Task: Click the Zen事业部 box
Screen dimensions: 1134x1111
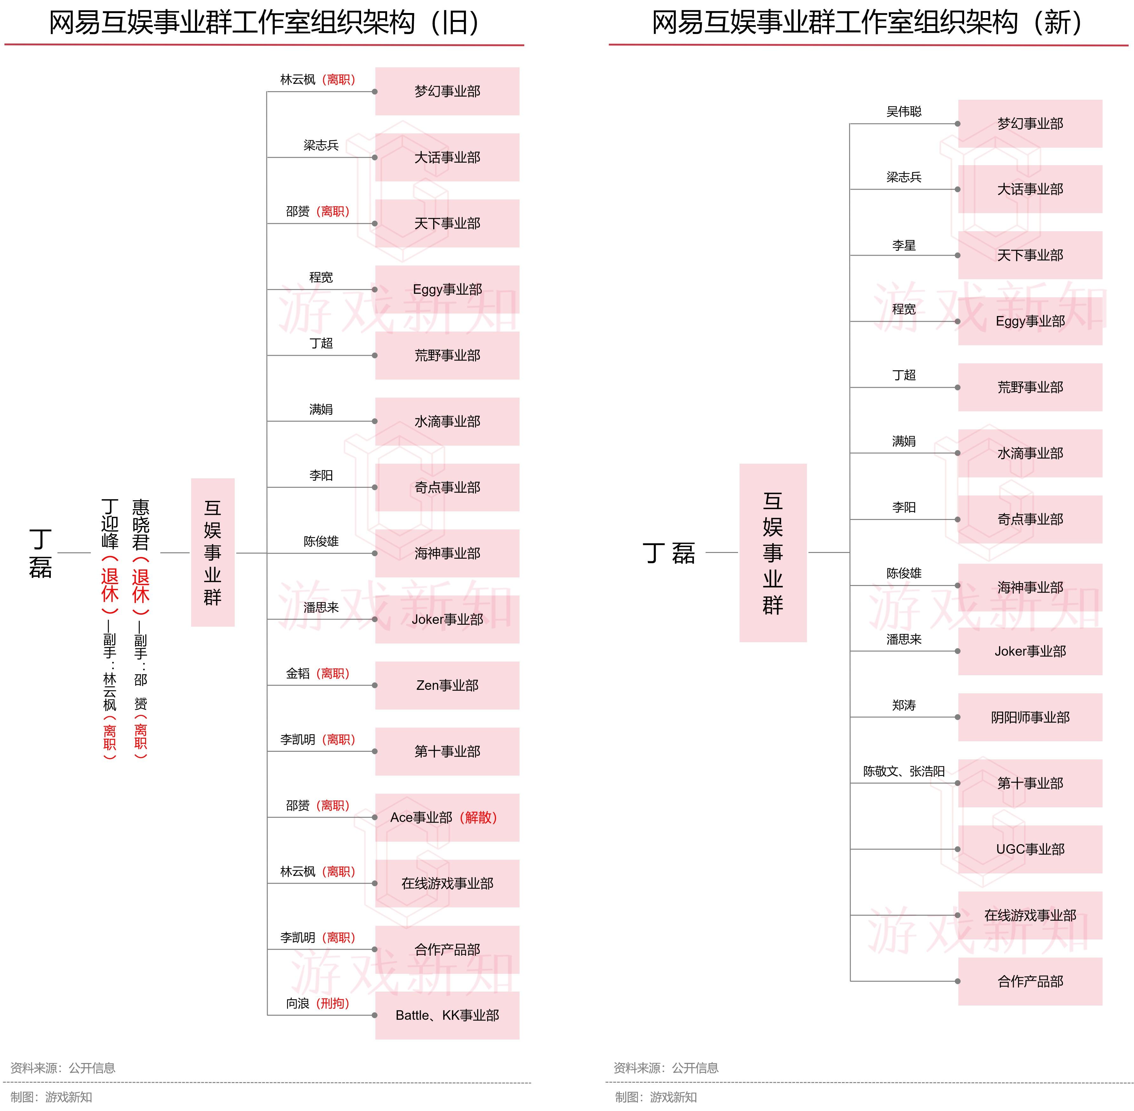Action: tap(447, 685)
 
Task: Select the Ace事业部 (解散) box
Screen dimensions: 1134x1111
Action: tap(447, 817)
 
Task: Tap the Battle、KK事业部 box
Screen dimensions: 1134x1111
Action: tap(447, 1015)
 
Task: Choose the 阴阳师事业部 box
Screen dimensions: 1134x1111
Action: tap(1030, 717)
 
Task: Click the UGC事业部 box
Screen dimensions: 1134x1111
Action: tap(1030, 849)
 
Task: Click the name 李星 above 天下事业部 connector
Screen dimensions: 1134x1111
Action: tap(903, 245)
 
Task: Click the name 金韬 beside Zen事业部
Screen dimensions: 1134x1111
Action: tap(298, 673)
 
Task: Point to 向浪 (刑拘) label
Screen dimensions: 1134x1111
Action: tap(317, 1004)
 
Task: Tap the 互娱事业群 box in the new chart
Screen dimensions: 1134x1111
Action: tap(773, 553)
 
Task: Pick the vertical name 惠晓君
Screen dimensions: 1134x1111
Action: tap(141, 525)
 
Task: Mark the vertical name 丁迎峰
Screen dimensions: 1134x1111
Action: tap(110, 523)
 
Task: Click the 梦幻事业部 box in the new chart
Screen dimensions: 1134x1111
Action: tap(1030, 124)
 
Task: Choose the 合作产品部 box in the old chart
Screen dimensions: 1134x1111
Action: tap(447, 949)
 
